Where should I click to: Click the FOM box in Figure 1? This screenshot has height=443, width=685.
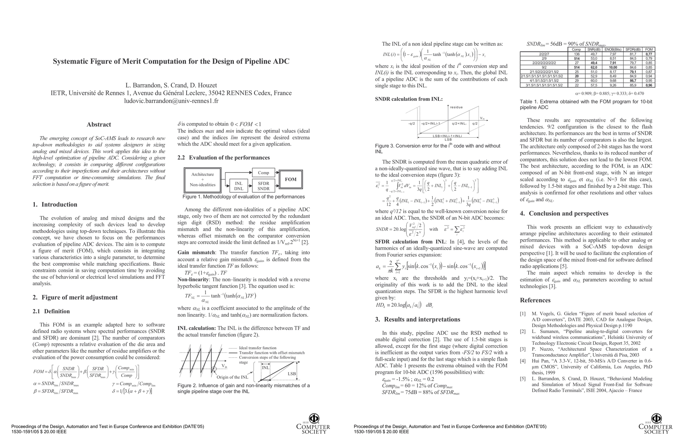[x=290, y=179]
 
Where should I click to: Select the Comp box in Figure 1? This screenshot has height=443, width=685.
[x=263, y=172]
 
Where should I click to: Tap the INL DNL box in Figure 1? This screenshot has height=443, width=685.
[x=239, y=186]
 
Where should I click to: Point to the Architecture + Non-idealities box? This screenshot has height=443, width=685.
[x=202, y=179]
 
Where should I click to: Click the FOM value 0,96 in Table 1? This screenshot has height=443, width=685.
[x=649, y=85]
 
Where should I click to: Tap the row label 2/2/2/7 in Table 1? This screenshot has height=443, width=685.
[x=544, y=54]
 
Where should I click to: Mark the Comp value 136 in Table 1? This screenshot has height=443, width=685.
[x=576, y=54]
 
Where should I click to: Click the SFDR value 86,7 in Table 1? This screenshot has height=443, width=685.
[x=633, y=80]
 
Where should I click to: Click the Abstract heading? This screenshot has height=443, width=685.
[x=99, y=125]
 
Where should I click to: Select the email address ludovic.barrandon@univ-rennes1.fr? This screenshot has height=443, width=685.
[x=171, y=101]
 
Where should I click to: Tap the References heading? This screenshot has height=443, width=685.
[x=535, y=300]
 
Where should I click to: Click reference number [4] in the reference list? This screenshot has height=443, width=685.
[x=522, y=361]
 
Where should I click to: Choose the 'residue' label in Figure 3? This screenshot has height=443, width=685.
[x=456, y=107]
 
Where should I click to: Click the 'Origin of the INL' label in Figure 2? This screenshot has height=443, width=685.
[x=232, y=377]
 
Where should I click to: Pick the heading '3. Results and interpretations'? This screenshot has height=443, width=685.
[x=418, y=319]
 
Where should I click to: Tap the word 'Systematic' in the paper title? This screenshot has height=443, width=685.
[x=72, y=61]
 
